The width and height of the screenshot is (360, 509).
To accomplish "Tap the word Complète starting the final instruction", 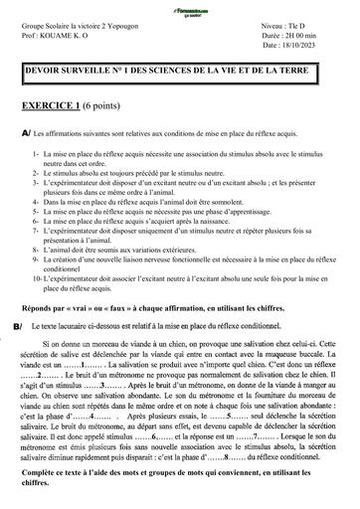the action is (x=45, y=483).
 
